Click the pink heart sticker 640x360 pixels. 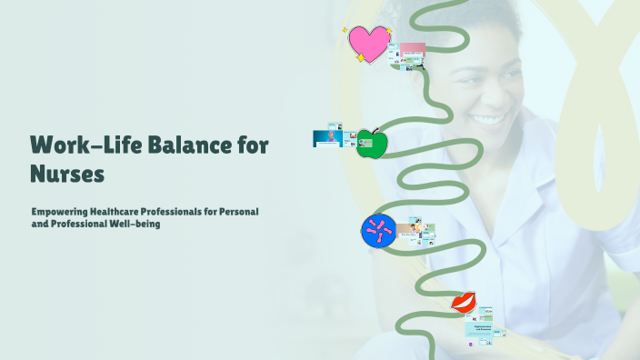pos(368,43)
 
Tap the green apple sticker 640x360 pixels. pos(371,143)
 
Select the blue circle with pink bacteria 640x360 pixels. pos(377,231)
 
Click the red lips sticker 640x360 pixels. pos(465,302)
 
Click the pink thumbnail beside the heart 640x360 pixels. pos(412,48)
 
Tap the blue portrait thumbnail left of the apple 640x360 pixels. pos(327,137)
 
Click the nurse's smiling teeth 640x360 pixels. pos(490,119)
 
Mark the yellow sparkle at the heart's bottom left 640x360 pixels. pos(360,58)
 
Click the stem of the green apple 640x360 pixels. pos(372,130)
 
